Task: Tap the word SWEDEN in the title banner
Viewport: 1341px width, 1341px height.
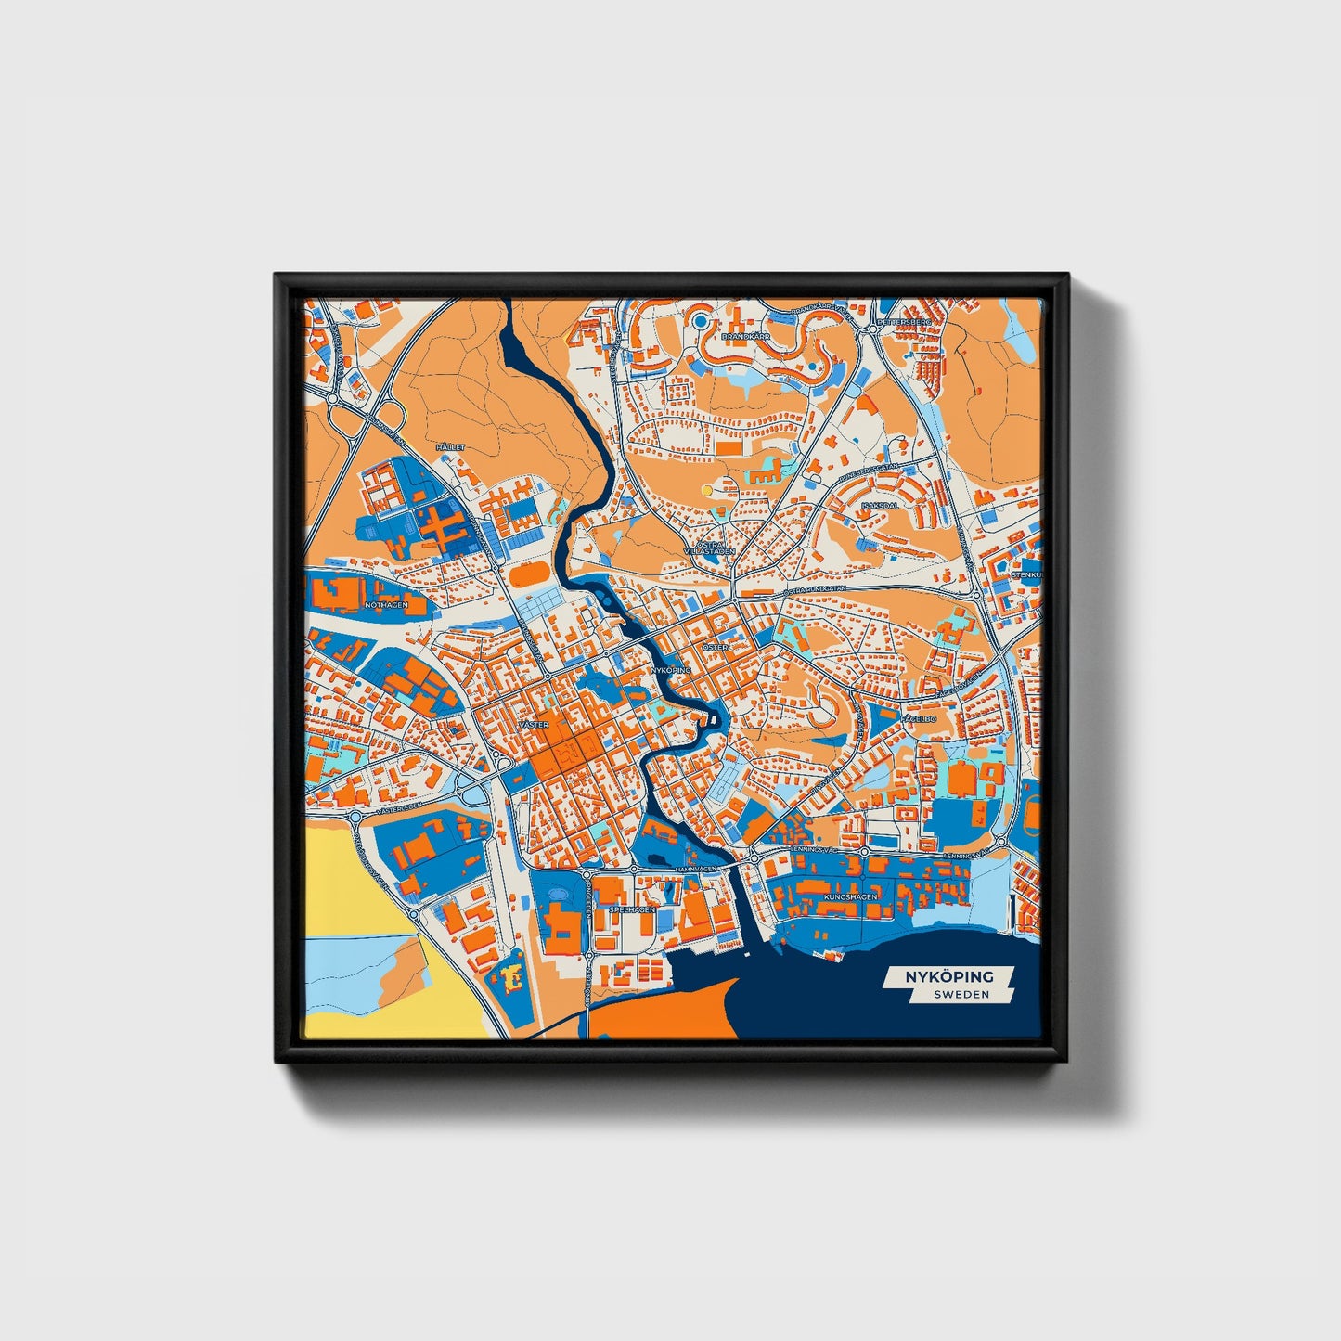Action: tap(961, 994)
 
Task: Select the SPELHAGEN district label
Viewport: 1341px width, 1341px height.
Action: tap(632, 910)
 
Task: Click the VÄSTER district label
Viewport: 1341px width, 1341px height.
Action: tap(535, 724)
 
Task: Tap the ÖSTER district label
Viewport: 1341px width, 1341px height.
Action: tap(715, 647)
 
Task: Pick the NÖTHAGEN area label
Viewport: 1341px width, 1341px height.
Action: tap(387, 605)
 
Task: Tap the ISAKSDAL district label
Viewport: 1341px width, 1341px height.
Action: tap(879, 506)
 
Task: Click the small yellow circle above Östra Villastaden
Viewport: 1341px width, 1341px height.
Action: tap(707, 489)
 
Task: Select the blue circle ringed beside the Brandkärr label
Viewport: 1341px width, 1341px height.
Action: tap(701, 321)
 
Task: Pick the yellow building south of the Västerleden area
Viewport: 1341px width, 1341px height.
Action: tap(511, 975)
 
